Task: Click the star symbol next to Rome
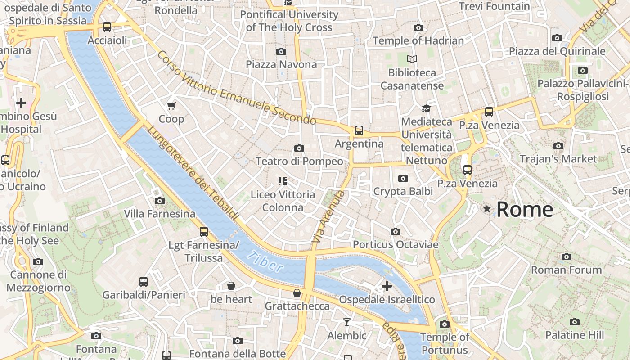click(x=487, y=209)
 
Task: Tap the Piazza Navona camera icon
click(x=281, y=51)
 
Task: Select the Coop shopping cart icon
click(x=171, y=106)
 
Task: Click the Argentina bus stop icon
click(x=359, y=130)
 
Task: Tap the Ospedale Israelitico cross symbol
click(x=387, y=286)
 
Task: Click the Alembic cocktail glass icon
click(x=346, y=322)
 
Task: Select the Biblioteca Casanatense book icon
click(x=412, y=59)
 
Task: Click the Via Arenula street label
click(x=328, y=217)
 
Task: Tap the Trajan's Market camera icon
click(x=558, y=146)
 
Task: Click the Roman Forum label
click(x=566, y=270)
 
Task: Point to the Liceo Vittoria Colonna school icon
click(x=282, y=181)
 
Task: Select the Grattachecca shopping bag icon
click(x=297, y=293)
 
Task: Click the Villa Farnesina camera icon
click(x=159, y=201)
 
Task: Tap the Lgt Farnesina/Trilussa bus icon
click(x=204, y=232)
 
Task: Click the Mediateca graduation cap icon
click(x=426, y=108)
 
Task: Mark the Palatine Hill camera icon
click(x=574, y=322)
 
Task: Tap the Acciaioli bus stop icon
click(x=107, y=27)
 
